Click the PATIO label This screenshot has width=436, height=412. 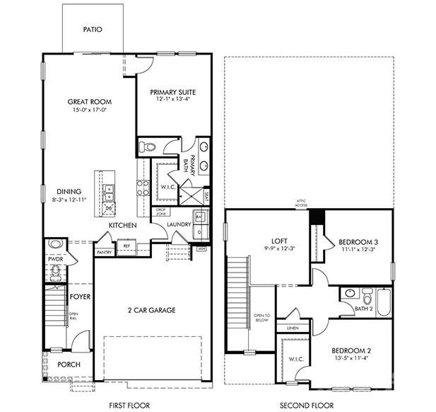click(x=93, y=30)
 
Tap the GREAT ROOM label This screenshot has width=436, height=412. click(x=90, y=102)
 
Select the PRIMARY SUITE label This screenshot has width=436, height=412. click(x=172, y=92)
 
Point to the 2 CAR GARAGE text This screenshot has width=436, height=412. click(x=151, y=310)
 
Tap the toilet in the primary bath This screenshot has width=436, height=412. click(x=147, y=147)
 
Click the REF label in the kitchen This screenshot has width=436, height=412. click(x=126, y=246)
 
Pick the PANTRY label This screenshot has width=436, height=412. click(x=105, y=252)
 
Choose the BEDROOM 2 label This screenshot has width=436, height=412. click(x=351, y=350)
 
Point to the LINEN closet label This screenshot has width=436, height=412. click(x=291, y=328)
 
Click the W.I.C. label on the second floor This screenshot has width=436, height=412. click(x=295, y=359)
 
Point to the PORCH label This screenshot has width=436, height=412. click(x=69, y=365)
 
